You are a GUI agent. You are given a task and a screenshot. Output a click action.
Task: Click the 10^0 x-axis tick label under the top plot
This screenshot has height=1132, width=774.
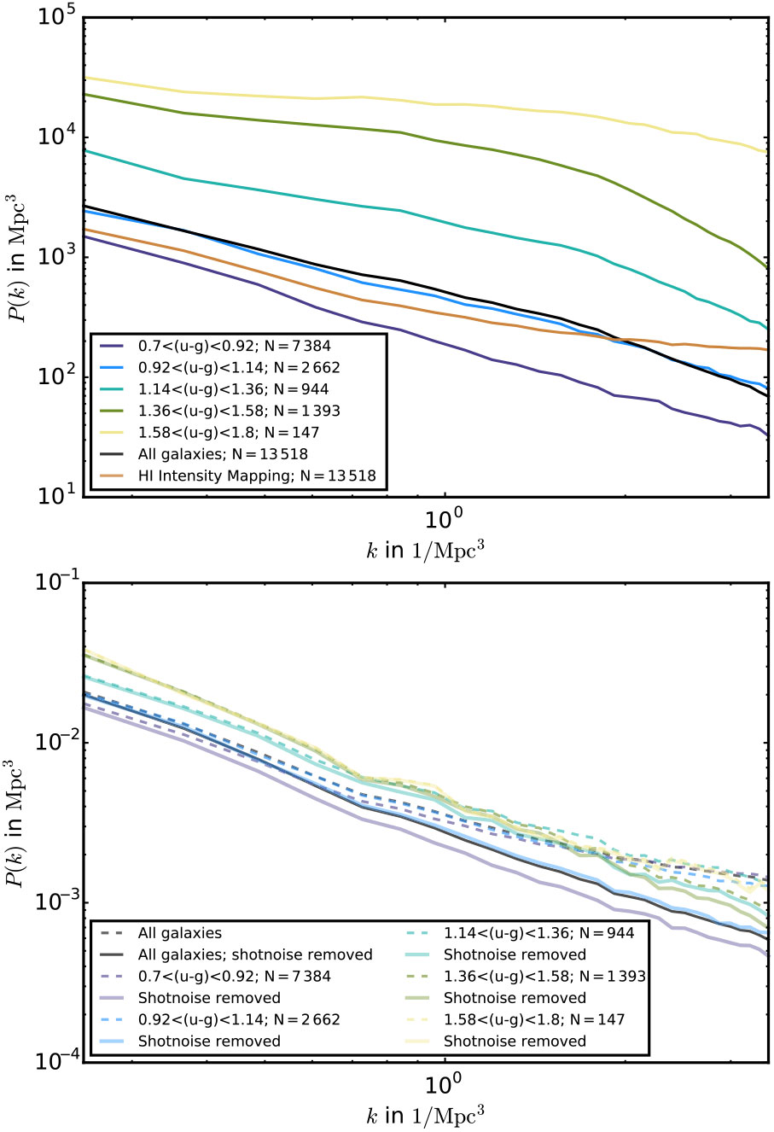tap(444, 519)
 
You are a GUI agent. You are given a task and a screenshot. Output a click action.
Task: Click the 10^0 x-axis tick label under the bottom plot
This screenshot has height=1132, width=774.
tap(444, 1084)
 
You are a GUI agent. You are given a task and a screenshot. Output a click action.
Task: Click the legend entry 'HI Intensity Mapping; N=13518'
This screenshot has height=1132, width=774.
tap(257, 476)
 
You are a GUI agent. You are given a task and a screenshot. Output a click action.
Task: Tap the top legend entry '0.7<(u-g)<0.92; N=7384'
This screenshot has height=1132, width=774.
tap(235, 346)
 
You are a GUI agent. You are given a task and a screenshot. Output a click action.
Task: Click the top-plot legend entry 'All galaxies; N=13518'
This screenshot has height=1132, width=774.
tap(223, 454)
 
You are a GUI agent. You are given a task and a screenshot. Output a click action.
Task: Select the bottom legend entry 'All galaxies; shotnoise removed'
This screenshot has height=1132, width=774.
tap(255, 954)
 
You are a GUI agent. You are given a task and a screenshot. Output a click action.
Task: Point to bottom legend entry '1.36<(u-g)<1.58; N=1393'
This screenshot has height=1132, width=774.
tap(544, 977)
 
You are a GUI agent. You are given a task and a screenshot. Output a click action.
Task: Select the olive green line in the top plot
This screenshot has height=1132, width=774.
tap(341, 123)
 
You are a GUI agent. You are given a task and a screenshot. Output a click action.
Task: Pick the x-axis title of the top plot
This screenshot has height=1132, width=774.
tap(427, 549)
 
